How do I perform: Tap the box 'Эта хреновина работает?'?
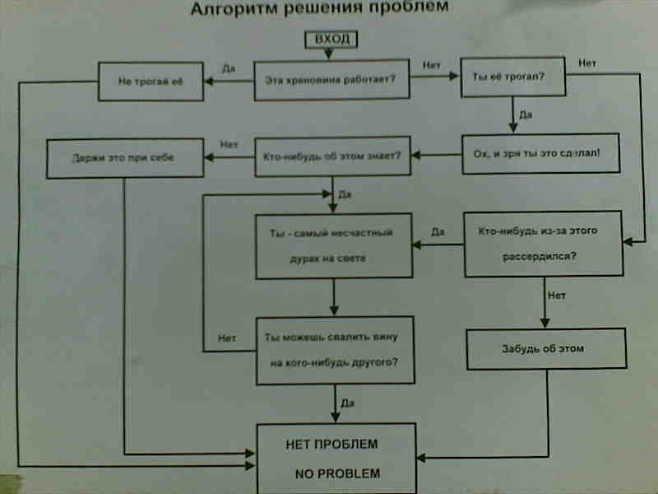[x=331, y=80]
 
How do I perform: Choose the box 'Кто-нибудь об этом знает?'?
[x=331, y=156]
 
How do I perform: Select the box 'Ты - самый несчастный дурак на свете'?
[x=333, y=245]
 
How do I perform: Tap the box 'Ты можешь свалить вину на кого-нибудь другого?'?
[x=333, y=350]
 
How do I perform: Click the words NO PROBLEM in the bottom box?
[x=337, y=474]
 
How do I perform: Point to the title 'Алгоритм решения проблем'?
[x=321, y=9]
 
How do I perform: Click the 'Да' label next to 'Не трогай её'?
[x=228, y=69]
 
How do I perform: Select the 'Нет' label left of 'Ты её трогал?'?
[x=432, y=65]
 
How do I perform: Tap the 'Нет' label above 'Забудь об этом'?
[x=557, y=294]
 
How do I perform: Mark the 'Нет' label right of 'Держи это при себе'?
[x=229, y=144]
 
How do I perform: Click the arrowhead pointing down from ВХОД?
[x=329, y=55]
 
